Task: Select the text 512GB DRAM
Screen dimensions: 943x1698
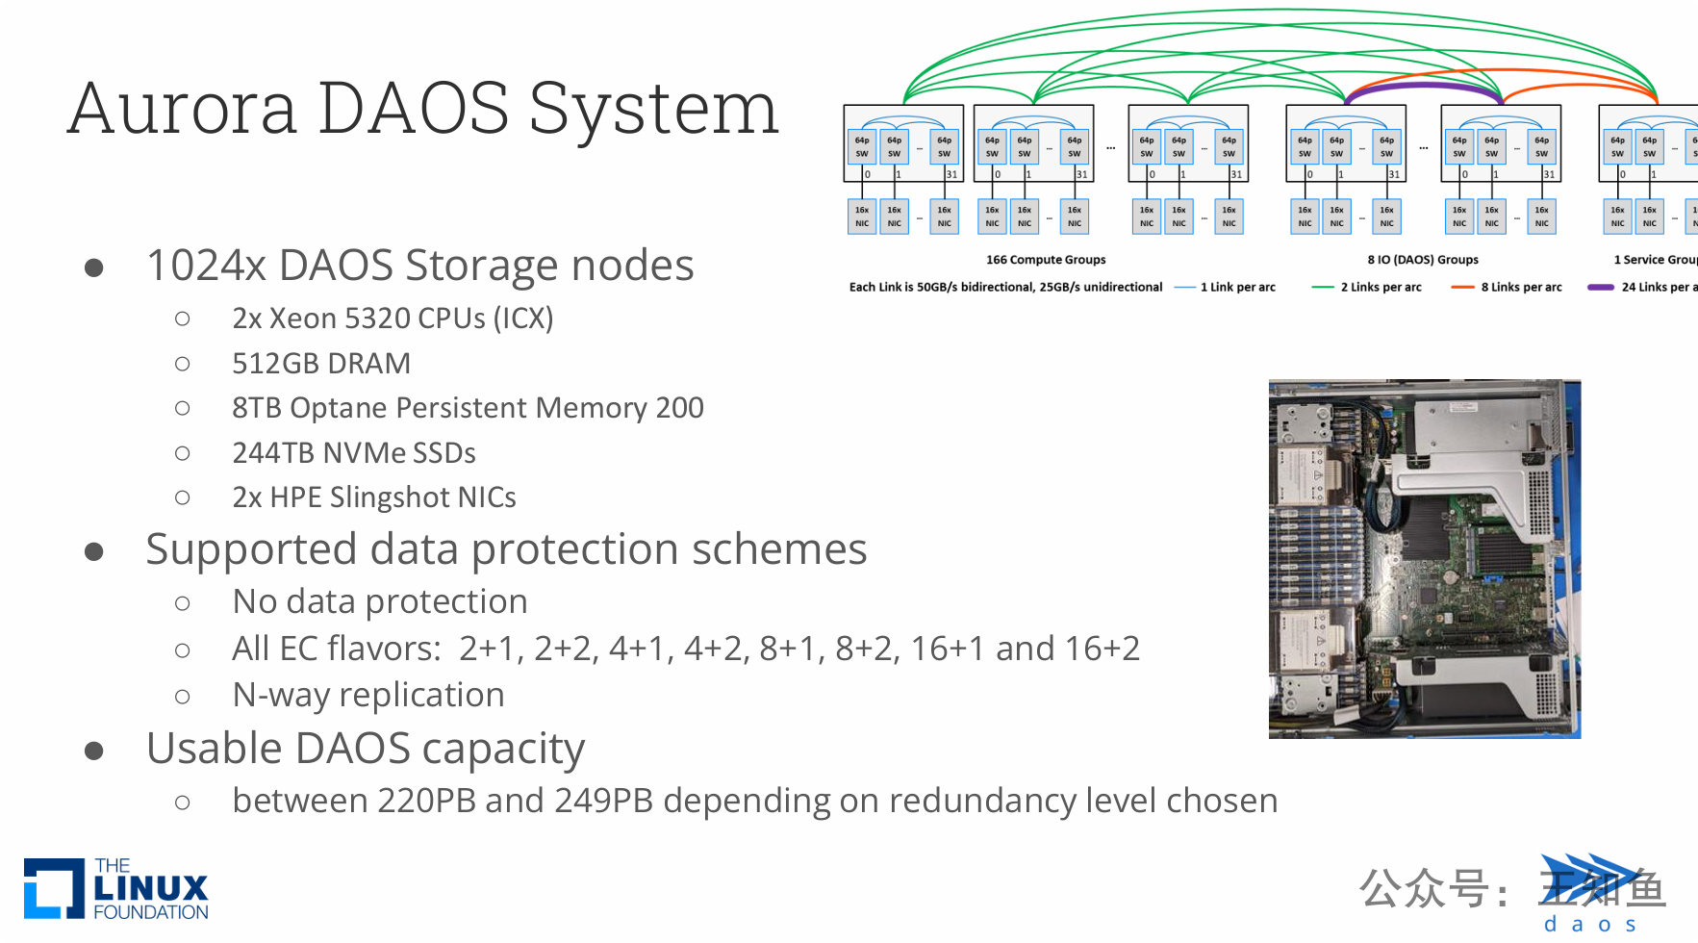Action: point(320,364)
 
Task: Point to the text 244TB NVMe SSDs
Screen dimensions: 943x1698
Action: point(353,453)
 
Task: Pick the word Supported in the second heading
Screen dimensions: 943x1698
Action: point(250,549)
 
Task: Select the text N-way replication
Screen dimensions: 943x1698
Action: point(367,695)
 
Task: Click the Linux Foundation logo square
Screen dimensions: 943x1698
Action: point(54,887)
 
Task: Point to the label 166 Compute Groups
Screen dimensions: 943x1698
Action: point(1046,260)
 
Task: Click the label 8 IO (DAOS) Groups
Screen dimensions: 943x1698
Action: point(1423,260)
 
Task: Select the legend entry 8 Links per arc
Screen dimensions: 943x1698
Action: point(1521,287)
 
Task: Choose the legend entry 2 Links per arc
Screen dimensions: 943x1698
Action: point(1381,287)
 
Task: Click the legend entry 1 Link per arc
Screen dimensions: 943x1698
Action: point(1237,287)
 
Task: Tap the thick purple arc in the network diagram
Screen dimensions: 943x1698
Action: point(1424,87)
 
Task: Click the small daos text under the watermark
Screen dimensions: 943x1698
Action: point(1589,925)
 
